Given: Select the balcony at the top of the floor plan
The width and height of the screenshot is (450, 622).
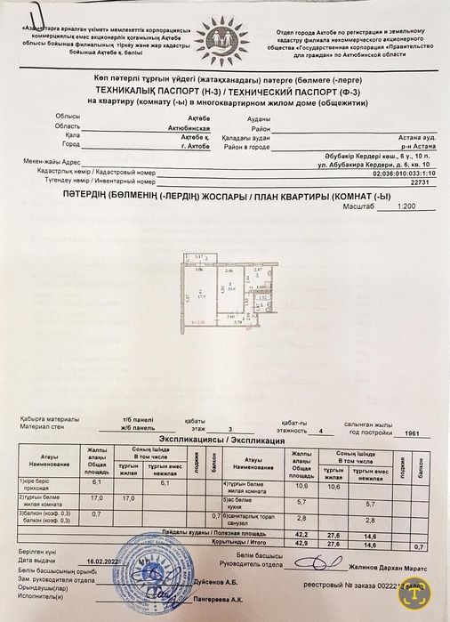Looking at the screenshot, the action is [x=201, y=257].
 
